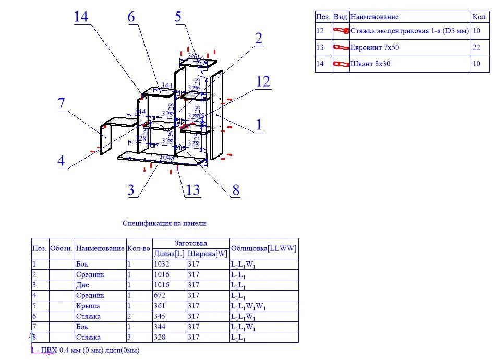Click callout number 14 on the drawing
point(81,17)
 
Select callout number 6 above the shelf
point(131,17)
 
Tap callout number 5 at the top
point(178,16)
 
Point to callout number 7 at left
point(62,103)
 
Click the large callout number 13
point(193,189)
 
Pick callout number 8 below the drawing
point(236,190)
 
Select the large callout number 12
point(263,81)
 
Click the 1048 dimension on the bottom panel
point(166,158)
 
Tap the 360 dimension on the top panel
point(193,56)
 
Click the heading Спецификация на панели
point(164,223)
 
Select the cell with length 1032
point(162,264)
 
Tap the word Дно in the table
point(82,285)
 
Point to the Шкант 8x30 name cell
point(370,64)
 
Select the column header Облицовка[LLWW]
point(263,248)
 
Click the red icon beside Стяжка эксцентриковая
point(341,31)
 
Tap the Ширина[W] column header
point(208,254)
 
